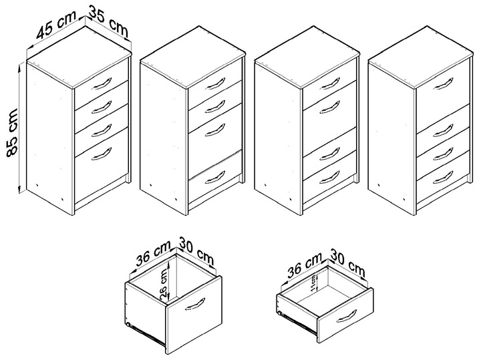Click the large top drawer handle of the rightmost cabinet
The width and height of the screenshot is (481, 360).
click(x=442, y=83)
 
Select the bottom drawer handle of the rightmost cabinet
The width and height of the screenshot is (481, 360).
click(x=441, y=176)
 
